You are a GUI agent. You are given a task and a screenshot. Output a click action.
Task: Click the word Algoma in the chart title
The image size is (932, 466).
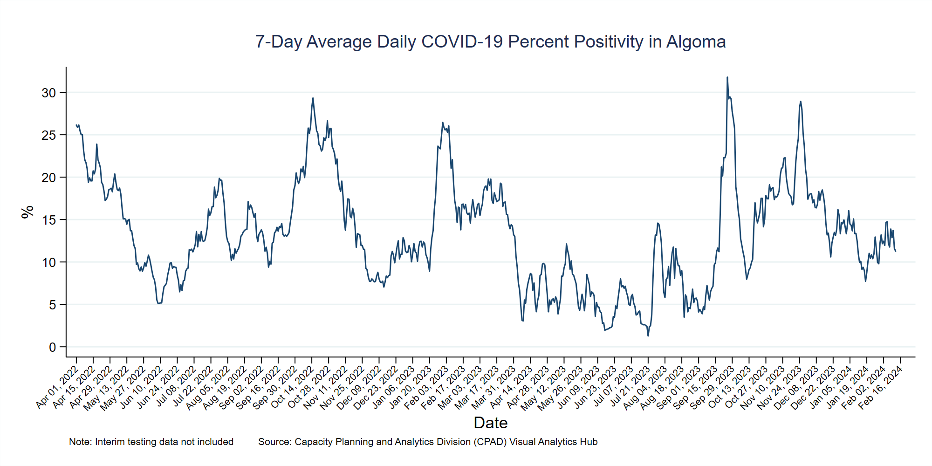pyautogui.click(x=696, y=42)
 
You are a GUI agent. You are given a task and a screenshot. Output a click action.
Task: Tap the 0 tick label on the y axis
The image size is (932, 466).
pyautogui.click(x=52, y=347)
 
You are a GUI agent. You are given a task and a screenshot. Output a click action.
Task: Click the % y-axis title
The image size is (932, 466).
pyautogui.click(x=27, y=212)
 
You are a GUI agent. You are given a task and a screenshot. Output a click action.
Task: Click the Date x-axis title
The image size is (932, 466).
pyautogui.click(x=490, y=423)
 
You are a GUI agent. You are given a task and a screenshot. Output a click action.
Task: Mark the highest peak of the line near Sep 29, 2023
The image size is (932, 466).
pyautogui.click(x=727, y=77)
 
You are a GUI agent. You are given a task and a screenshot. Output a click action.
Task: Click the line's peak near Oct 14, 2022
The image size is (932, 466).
pyautogui.click(x=313, y=98)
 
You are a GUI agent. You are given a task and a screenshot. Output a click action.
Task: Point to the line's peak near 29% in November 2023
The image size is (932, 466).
pyautogui.click(x=800, y=102)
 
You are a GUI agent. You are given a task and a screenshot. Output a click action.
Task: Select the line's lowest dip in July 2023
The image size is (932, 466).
pyautogui.click(x=648, y=336)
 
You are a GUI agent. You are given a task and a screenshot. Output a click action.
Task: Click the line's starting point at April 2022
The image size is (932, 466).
pyautogui.click(x=76, y=124)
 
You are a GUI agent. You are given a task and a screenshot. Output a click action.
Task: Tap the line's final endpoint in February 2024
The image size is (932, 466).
pyautogui.click(x=896, y=251)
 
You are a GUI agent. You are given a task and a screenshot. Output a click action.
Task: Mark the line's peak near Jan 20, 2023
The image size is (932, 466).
pyautogui.click(x=442, y=123)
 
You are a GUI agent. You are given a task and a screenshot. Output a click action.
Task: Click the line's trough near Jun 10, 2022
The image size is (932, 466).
pyautogui.click(x=158, y=303)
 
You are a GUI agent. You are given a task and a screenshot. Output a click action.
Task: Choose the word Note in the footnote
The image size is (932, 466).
pyautogui.click(x=80, y=442)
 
